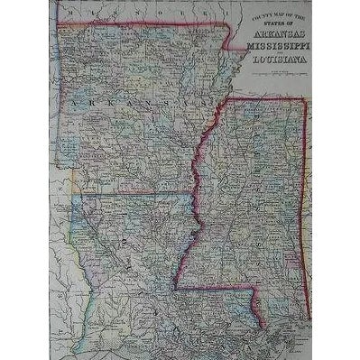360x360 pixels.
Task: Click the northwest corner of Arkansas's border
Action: tap(59, 24)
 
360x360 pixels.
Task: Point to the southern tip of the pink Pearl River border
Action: tap(263, 326)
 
